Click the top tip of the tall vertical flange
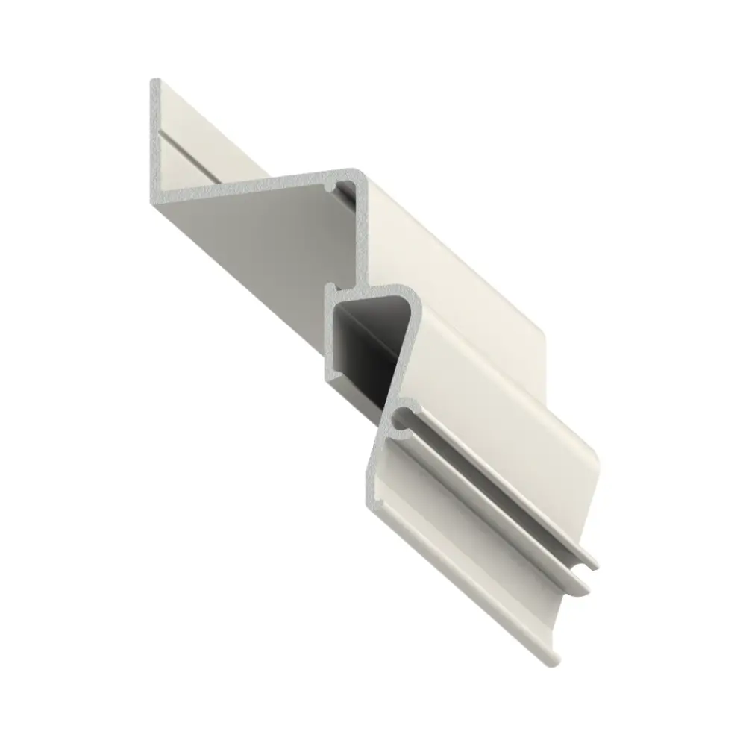(155, 83)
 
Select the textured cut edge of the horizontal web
(246, 186)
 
